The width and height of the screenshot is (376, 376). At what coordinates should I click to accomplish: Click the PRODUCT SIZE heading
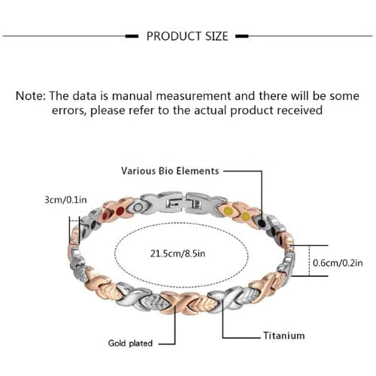187,36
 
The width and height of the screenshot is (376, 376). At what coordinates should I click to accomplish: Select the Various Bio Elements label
170,171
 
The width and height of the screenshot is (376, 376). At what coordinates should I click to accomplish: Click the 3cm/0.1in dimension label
65,200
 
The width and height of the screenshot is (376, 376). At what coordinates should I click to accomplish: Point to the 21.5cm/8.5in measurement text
177,253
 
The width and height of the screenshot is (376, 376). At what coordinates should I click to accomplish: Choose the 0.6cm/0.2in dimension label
338,263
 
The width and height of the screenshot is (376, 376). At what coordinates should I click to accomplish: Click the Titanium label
284,335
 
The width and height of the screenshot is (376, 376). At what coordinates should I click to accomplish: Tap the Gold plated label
130,343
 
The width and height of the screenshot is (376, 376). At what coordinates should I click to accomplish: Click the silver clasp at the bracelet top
183,203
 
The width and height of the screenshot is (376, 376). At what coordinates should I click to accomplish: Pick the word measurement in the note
193,96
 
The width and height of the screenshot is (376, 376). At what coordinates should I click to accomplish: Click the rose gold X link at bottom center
179,303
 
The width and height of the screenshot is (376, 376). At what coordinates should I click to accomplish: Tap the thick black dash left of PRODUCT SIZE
132,36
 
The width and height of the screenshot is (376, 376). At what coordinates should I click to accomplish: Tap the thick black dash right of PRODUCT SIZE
242,36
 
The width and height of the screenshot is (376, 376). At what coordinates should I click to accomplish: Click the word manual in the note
132,96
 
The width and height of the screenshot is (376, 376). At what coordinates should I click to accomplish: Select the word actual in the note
210,111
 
